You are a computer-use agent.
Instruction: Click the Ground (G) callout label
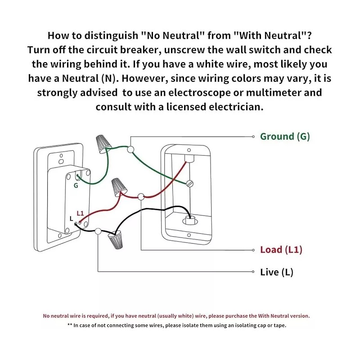click(285, 136)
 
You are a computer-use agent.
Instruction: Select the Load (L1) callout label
click(281, 250)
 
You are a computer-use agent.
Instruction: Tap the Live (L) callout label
click(277, 272)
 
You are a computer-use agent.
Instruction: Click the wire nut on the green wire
click(103, 142)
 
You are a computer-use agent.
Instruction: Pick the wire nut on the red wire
click(118, 186)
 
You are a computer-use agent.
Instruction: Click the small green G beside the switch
click(76, 185)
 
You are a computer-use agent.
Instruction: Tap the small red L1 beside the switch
click(81, 213)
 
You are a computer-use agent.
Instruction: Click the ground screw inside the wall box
click(189, 184)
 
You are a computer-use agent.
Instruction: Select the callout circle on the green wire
click(131, 149)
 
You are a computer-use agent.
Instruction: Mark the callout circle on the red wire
click(141, 196)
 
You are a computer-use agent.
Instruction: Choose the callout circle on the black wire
click(98, 231)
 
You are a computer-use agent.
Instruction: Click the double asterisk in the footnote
click(70, 325)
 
